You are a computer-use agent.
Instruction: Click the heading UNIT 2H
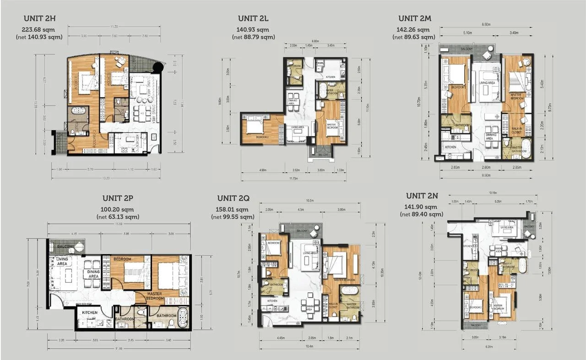coord(39,19)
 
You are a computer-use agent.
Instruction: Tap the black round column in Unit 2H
coord(157,69)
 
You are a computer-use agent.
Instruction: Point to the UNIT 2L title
coord(253,19)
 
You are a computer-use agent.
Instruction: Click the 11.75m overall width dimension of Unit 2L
coord(294,178)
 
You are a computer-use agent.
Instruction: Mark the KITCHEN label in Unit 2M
coord(451,147)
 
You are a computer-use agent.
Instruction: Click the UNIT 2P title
coord(118,198)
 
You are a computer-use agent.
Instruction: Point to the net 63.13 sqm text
coord(118,217)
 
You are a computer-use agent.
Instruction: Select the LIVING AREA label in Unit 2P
coord(62,261)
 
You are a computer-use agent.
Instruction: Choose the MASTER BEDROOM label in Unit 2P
coord(156,296)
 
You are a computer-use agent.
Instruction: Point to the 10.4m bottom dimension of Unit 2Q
coord(311,346)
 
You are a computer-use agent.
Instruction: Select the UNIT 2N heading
coord(422,196)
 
